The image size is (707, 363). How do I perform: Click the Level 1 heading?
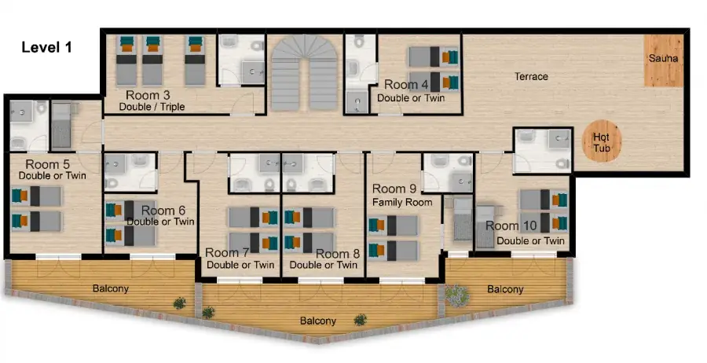[x=47, y=47]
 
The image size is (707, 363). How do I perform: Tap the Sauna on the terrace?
[x=663, y=60]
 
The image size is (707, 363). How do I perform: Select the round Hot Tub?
[x=602, y=141]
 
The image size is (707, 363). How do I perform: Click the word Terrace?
[x=531, y=77]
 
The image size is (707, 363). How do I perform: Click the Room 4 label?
[x=406, y=85]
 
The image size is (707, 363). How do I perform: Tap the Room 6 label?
[x=163, y=211]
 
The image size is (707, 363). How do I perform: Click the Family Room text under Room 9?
[x=402, y=203]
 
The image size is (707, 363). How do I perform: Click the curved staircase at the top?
[x=304, y=72]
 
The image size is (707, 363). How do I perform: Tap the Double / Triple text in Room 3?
[x=152, y=107]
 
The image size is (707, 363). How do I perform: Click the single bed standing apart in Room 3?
[x=195, y=60]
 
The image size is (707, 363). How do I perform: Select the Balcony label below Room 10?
[x=505, y=289]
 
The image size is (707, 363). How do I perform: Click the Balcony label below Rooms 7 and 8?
[x=318, y=321]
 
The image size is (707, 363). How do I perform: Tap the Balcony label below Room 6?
[x=111, y=288]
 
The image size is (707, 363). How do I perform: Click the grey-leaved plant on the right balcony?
[x=457, y=295]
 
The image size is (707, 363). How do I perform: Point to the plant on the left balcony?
[x=179, y=303]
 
